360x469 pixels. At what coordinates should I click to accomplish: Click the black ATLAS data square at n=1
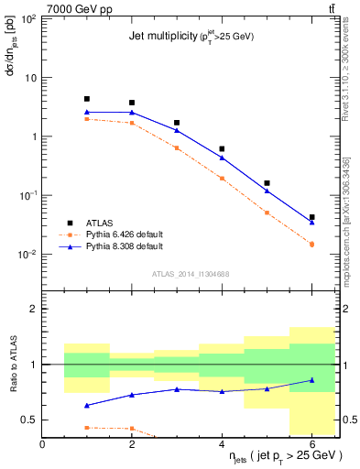click(x=87, y=99)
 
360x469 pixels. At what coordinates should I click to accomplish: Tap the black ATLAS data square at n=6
click(x=312, y=217)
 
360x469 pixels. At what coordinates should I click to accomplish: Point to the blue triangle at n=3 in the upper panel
click(x=177, y=130)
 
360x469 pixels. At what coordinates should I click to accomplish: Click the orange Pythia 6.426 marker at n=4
click(x=222, y=179)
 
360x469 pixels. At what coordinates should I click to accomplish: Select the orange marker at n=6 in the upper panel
click(x=312, y=244)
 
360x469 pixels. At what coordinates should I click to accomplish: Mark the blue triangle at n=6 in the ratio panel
click(x=312, y=380)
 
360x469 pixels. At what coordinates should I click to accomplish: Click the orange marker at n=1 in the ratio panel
click(x=87, y=428)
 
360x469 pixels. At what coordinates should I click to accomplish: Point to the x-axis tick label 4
click(x=222, y=445)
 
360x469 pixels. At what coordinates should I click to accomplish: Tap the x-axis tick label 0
click(x=43, y=445)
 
